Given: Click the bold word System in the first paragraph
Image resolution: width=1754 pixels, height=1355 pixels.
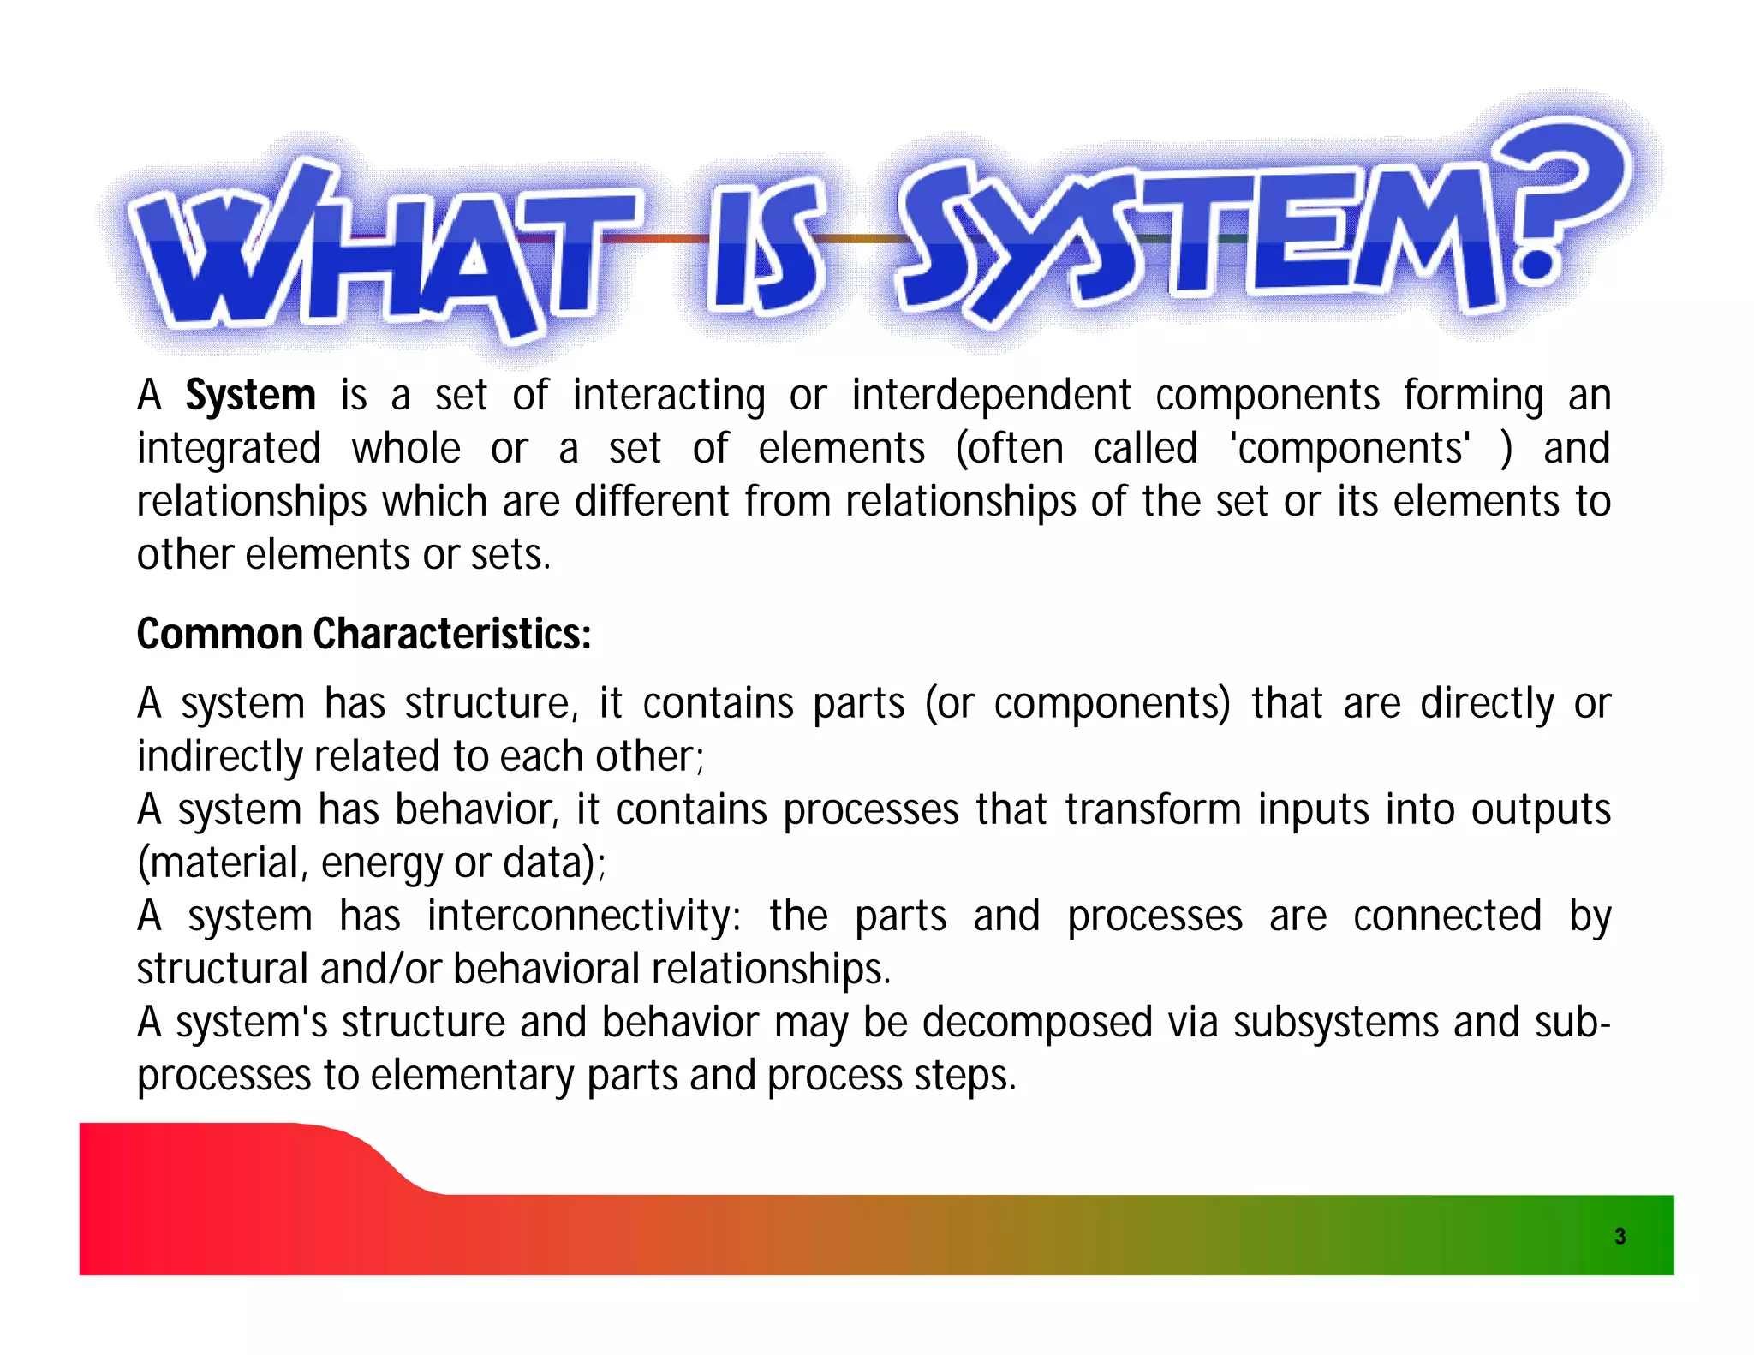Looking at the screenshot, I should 251,396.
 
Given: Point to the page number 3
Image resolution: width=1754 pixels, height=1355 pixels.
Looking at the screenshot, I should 1620,1236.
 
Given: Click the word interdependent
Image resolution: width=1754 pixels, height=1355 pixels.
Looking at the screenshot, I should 991,396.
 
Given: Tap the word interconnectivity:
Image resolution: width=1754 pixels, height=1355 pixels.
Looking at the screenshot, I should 584,916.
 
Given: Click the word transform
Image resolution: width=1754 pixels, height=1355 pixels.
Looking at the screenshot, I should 1153,810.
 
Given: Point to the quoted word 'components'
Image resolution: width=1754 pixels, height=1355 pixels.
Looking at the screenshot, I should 1351,449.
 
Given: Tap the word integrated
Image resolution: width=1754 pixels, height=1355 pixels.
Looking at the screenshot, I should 229,449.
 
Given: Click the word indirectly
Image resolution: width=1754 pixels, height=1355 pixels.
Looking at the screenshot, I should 219,757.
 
